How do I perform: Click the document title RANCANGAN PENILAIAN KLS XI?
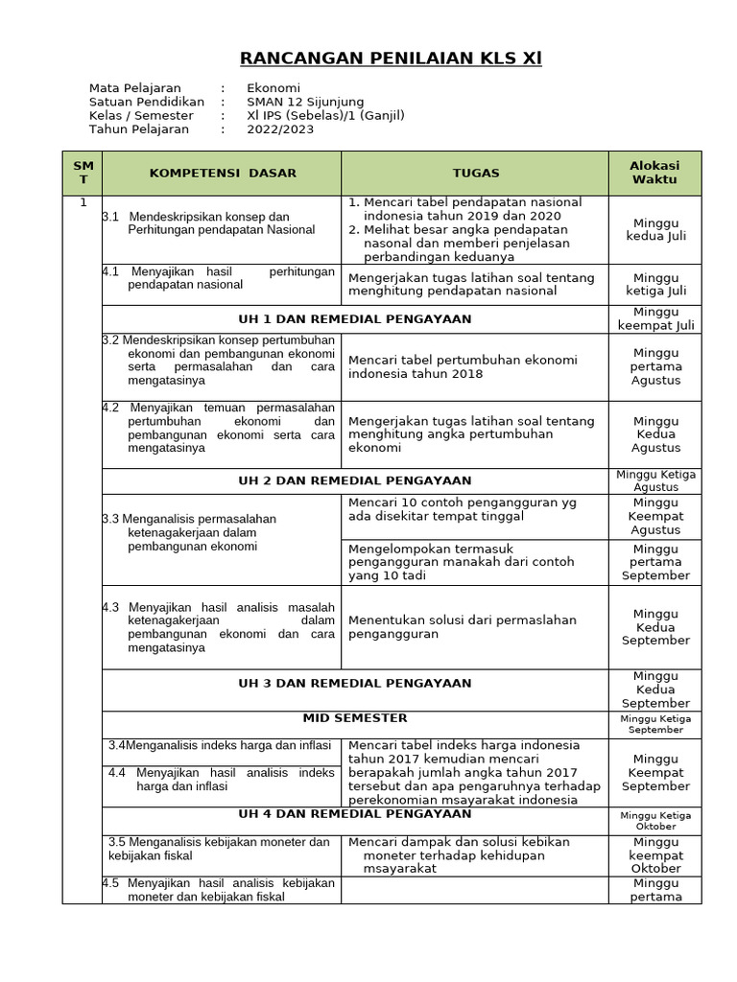point(391,59)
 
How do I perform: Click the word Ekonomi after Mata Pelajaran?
point(273,88)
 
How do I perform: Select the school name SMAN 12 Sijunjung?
point(305,102)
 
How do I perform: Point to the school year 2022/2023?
point(280,129)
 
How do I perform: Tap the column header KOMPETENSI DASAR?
point(223,174)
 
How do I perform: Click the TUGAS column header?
point(476,174)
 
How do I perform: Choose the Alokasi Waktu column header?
point(654,173)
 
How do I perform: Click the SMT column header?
point(83,173)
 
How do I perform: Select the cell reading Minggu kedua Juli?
point(655,229)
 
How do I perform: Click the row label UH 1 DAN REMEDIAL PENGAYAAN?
point(355,319)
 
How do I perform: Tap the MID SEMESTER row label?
point(355,718)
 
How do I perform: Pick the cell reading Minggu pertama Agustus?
point(655,366)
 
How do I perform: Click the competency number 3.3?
point(112,519)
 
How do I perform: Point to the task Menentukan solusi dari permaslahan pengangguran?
point(463,627)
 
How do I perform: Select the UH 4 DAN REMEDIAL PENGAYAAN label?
point(355,814)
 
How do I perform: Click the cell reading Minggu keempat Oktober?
point(655,854)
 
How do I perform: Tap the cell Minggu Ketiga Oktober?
point(655,821)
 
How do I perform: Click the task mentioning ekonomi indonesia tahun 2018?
point(463,366)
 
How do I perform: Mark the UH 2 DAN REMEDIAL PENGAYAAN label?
point(355,480)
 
